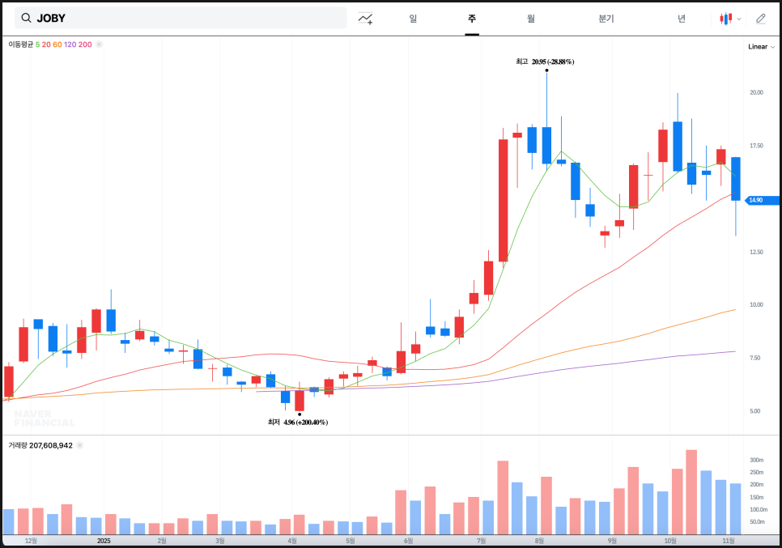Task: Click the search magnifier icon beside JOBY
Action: click(x=27, y=18)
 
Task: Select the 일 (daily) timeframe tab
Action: click(x=413, y=18)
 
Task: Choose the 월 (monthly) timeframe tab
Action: click(x=530, y=18)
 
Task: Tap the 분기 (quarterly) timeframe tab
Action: click(x=606, y=18)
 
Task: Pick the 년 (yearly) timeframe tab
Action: click(x=682, y=18)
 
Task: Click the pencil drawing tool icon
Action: click(x=761, y=18)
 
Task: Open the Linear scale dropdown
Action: click(x=760, y=47)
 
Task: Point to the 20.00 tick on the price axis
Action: click(x=756, y=92)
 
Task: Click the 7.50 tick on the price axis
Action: click(x=754, y=358)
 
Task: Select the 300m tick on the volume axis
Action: click(x=756, y=460)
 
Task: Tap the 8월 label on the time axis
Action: click(x=539, y=541)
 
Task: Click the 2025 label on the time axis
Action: click(x=104, y=541)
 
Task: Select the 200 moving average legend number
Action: click(x=85, y=45)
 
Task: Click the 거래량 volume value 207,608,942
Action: click(x=52, y=445)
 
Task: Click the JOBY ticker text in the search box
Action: click(x=51, y=18)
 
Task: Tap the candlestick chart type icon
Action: click(x=727, y=18)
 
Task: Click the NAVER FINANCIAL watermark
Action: click(x=45, y=418)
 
